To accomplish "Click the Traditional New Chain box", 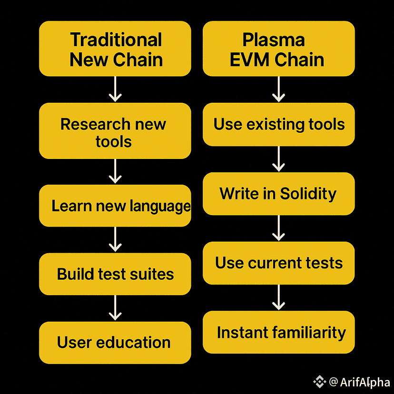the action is [x=115, y=49].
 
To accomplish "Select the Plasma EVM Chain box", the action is [x=278, y=49].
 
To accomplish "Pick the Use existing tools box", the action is [x=278, y=125].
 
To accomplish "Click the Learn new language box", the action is [x=115, y=206].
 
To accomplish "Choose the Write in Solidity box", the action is [x=278, y=194].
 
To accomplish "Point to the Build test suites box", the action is [x=115, y=274].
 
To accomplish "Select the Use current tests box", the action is [x=278, y=263].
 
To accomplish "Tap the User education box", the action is [x=115, y=343].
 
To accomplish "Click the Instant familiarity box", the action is [x=278, y=332].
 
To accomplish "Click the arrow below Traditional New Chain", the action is [x=115, y=89].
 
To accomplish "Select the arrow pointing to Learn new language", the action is [x=115, y=171].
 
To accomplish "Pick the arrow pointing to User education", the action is [x=115, y=308].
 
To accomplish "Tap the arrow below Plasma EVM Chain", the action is [x=278, y=89].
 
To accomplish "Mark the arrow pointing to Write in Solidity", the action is [x=278, y=159].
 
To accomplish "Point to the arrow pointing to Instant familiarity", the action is [x=278, y=297].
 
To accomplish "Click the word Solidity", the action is [x=308, y=194].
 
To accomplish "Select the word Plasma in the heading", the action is [x=274, y=39].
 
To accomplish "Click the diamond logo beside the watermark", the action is [x=319, y=381].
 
